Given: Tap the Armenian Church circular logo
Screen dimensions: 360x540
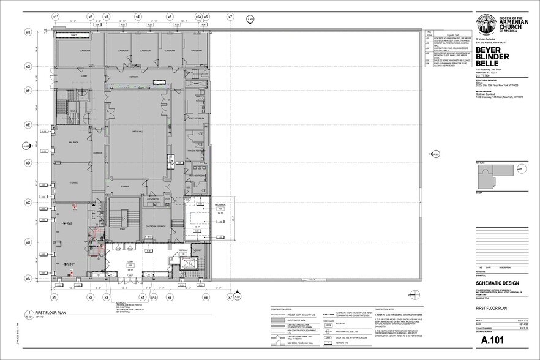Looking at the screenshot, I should click(487, 26).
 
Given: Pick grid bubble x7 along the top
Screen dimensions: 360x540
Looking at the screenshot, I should click(230, 17).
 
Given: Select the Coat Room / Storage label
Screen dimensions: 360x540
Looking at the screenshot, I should click(157, 227).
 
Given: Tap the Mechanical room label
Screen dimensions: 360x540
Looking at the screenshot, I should click(220, 204).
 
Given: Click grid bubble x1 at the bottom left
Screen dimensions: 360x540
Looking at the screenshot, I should click(53, 298).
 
